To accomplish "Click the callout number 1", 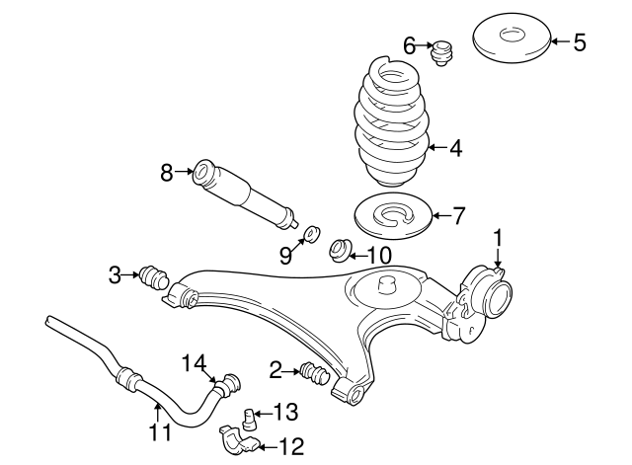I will (x=499, y=237).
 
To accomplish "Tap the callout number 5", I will (x=580, y=41).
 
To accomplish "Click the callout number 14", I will (x=198, y=363).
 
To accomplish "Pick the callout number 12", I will (x=291, y=447).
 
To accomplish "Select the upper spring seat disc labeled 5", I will (x=511, y=39).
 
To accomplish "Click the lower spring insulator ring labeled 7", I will (x=395, y=216).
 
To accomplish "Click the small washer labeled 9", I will (x=310, y=233).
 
